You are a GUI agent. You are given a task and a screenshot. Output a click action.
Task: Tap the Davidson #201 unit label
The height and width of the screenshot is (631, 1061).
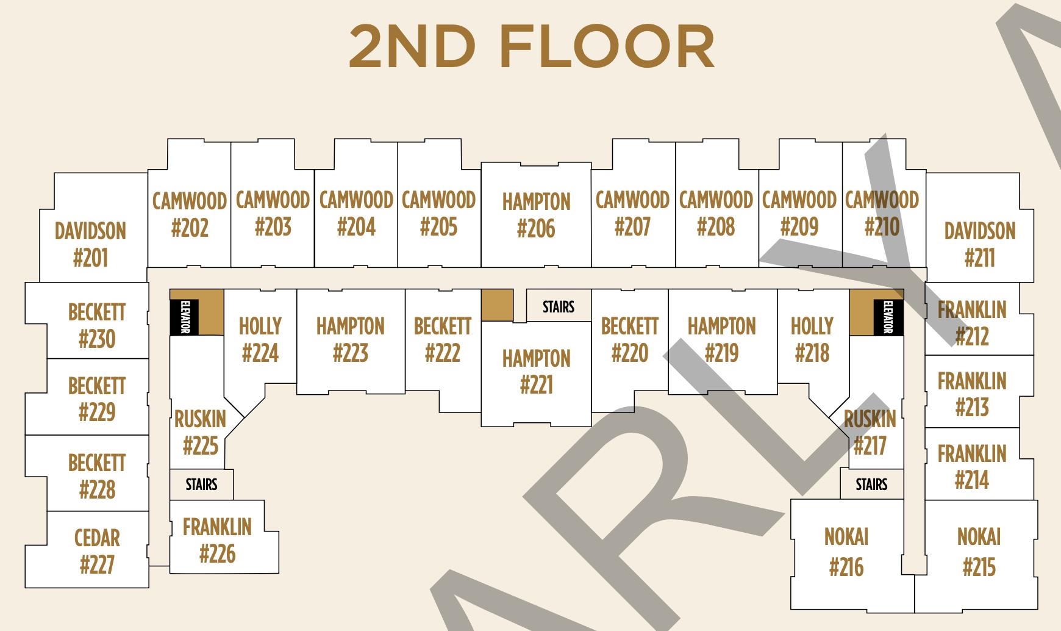[90, 245]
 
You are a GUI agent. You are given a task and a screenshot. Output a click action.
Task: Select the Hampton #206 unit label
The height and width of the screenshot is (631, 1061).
[536, 215]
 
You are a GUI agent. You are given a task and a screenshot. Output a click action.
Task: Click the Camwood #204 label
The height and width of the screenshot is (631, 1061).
[356, 214]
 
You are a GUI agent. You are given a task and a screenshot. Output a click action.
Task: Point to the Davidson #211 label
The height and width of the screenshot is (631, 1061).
[980, 245]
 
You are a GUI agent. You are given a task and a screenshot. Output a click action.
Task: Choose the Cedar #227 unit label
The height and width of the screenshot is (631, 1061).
[97, 552]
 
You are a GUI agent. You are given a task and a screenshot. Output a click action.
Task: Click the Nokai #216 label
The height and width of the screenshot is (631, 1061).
[846, 552]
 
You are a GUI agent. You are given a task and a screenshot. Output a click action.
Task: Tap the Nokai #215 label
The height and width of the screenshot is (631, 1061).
[979, 552]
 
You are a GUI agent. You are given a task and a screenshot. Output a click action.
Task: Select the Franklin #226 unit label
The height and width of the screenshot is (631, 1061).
[217, 541]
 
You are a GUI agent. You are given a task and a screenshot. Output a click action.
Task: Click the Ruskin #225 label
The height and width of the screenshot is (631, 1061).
[200, 433]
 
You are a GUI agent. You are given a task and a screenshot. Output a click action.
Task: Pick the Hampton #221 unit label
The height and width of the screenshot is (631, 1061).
[536, 372]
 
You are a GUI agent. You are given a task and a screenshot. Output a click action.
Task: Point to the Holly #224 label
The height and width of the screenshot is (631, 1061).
[260, 339]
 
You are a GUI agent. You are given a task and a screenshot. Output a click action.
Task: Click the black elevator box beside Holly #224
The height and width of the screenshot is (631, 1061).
[184, 317]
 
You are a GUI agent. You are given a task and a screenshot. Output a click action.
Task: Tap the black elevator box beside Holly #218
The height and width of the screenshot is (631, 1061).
[888, 317]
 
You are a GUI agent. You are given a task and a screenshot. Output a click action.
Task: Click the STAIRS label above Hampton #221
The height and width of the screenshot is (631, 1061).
[559, 306]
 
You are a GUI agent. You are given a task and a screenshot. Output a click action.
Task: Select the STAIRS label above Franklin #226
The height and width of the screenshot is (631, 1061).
[201, 485]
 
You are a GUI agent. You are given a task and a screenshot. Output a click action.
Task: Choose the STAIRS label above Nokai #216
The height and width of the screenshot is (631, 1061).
[871, 485]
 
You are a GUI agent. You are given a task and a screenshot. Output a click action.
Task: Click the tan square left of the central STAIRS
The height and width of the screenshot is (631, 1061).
[497, 305]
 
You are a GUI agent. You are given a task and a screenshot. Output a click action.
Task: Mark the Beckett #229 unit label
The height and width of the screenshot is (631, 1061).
[97, 399]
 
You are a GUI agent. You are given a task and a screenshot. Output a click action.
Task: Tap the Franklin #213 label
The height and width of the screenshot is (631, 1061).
[972, 394]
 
